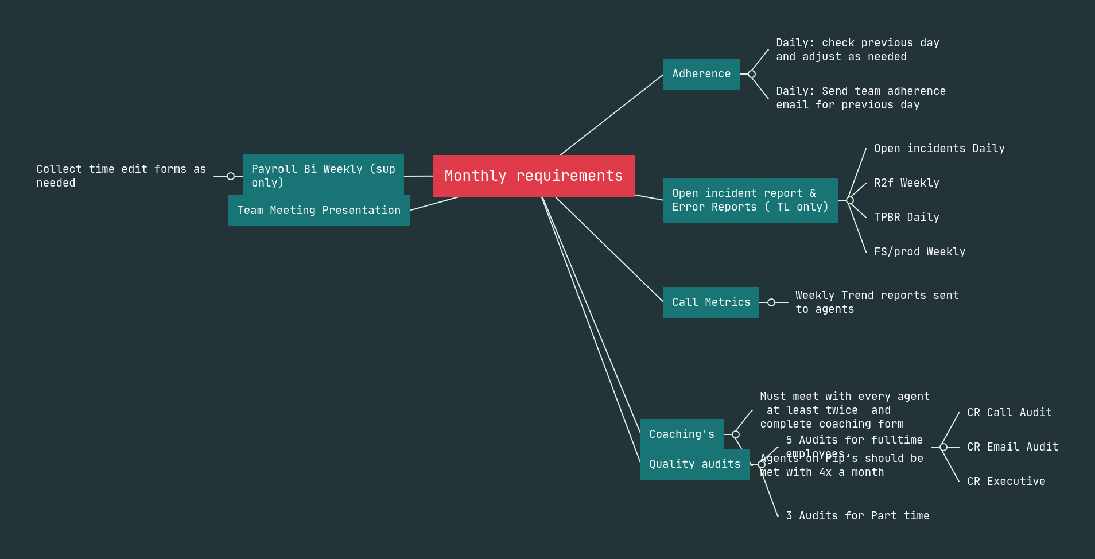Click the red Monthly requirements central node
point(533,176)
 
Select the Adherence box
point(701,74)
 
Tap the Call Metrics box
point(711,302)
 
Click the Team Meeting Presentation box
point(319,211)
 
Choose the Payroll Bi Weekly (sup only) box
point(323,172)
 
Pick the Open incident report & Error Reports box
point(750,200)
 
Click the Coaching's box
point(682,434)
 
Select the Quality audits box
point(694,464)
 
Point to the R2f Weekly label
point(907,183)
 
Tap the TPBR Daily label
point(907,218)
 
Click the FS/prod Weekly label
point(919,252)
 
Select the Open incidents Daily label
point(939,149)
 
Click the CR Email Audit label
point(1012,447)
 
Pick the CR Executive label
point(1006,482)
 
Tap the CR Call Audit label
point(1009,413)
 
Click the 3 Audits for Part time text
point(857,516)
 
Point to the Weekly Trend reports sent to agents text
point(876,302)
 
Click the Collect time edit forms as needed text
point(121,176)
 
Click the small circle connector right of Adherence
point(752,74)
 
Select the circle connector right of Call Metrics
point(771,302)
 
